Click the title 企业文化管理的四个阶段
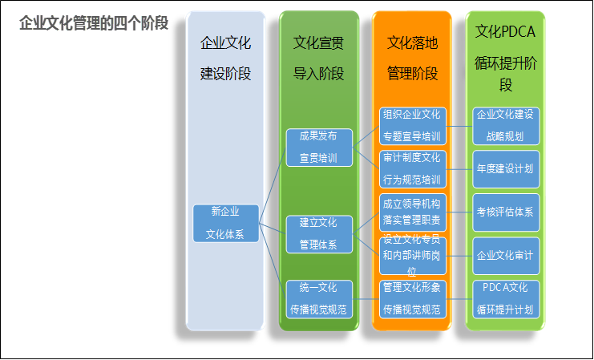[94, 23]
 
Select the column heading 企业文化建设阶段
[225, 58]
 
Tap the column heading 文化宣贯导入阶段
[318, 58]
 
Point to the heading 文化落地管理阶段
[412, 58]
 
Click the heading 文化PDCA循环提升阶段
[506, 59]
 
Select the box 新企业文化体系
[226, 223]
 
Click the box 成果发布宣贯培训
[319, 148]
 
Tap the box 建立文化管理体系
[319, 234]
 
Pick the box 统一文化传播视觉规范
[319, 299]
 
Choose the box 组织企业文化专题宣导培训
[413, 126]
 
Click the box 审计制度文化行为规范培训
[413, 169]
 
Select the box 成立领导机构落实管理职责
[413, 212]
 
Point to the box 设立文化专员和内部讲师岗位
[413, 256]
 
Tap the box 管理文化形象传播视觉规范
[413, 299]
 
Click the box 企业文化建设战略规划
[506, 126]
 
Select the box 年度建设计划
[506, 169]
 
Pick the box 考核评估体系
[506, 212]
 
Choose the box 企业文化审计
[506, 256]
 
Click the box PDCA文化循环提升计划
[506, 299]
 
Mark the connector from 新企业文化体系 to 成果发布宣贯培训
[273, 185]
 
